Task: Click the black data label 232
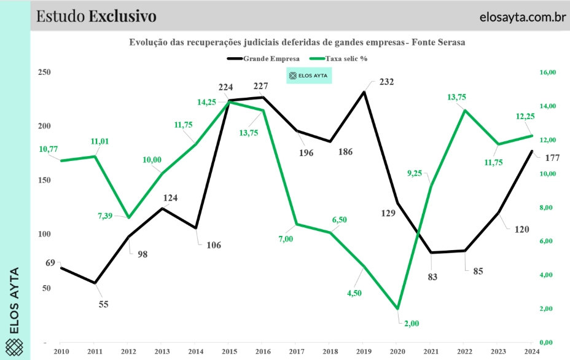[386, 82]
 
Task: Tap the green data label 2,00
[411, 323]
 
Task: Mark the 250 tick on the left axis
[44, 72]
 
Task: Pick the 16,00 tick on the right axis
[547, 72]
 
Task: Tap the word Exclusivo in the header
[122, 16]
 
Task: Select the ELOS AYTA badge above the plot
[310, 76]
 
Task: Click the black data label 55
[103, 303]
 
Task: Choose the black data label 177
[552, 158]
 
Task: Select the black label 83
[432, 276]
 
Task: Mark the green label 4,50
[354, 293]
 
